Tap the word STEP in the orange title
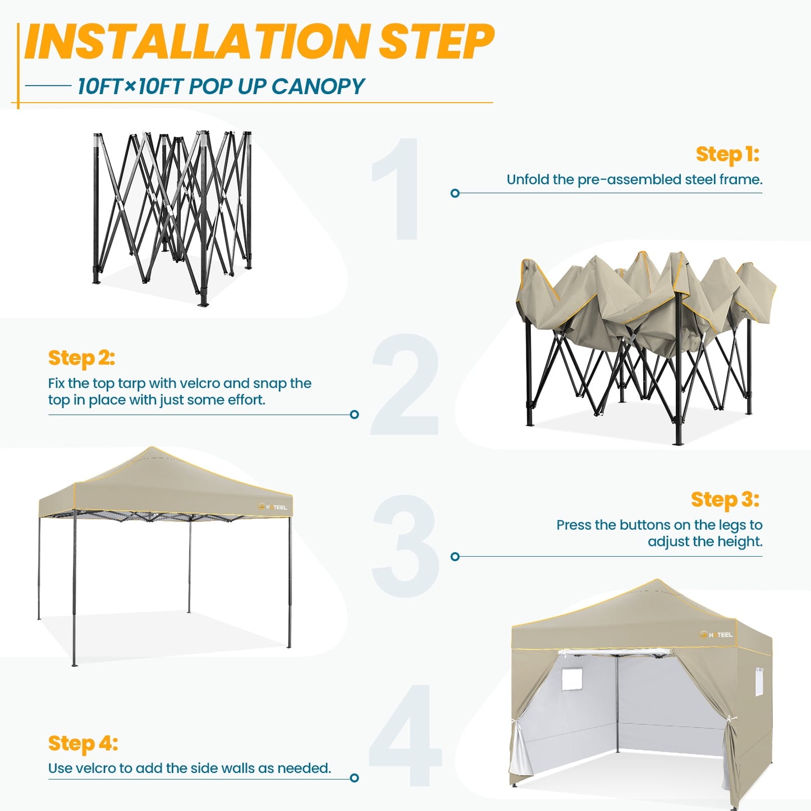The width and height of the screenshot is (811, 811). pyautogui.click(x=436, y=42)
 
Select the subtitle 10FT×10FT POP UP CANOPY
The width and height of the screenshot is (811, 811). pyautogui.click(x=221, y=86)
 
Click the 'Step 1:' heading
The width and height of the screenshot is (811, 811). pyautogui.click(x=727, y=154)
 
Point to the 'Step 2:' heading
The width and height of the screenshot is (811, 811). pyautogui.click(x=81, y=358)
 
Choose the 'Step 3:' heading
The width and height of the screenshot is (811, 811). pyautogui.click(x=725, y=500)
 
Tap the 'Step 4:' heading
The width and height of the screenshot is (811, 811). pyautogui.click(x=83, y=744)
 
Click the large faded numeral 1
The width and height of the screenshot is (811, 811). pyautogui.click(x=400, y=189)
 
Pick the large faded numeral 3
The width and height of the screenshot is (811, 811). pyautogui.click(x=405, y=546)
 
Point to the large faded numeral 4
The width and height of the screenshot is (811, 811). pyautogui.click(x=405, y=735)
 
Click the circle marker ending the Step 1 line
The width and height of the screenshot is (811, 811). pyautogui.click(x=455, y=193)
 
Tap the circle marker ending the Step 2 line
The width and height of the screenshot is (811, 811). pyautogui.click(x=354, y=415)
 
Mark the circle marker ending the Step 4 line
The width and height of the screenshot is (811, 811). pyautogui.click(x=354, y=778)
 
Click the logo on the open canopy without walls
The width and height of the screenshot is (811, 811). pyautogui.click(x=273, y=507)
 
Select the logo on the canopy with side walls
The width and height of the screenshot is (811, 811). pyautogui.click(x=717, y=635)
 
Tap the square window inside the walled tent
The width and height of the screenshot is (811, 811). pyautogui.click(x=572, y=679)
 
